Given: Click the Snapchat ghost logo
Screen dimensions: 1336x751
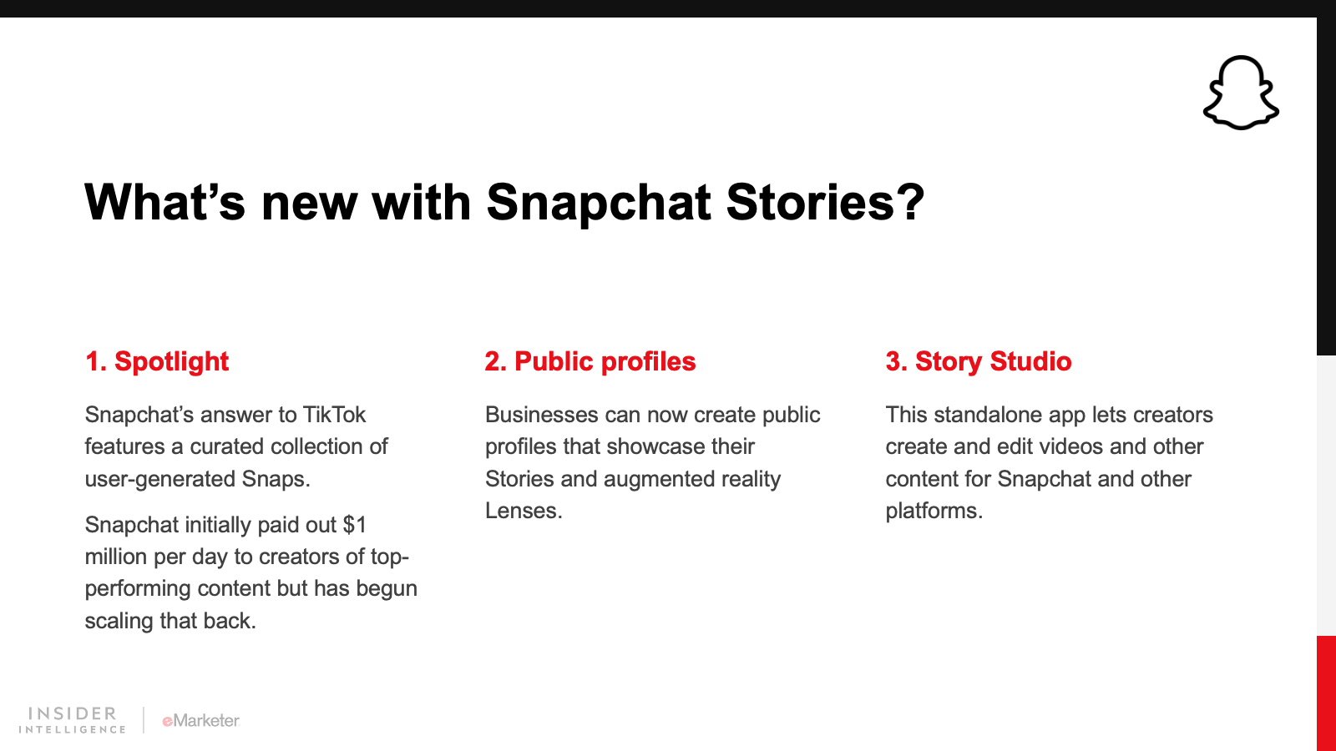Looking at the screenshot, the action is point(1241,93).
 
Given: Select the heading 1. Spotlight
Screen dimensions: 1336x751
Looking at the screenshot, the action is point(157,362).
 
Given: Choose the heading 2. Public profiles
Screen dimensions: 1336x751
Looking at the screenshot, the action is point(590,362).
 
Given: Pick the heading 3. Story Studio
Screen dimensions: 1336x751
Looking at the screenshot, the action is point(978,362).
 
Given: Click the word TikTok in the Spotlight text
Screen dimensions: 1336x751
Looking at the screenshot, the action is point(334,415).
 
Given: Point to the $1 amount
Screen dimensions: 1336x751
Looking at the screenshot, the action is point(354,525).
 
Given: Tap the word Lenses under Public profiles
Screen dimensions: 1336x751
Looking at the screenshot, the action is point(523,511).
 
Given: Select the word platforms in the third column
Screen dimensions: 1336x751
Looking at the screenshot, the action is point(934,512).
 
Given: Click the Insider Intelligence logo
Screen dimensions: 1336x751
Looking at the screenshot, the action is point(72,720).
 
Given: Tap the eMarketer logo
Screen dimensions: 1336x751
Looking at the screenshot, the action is point(201,721).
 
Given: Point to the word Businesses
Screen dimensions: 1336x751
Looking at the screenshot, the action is point(541,415).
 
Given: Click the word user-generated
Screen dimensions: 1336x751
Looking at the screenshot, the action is point(159,480).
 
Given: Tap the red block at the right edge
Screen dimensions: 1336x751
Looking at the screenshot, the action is point(1327,693).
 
